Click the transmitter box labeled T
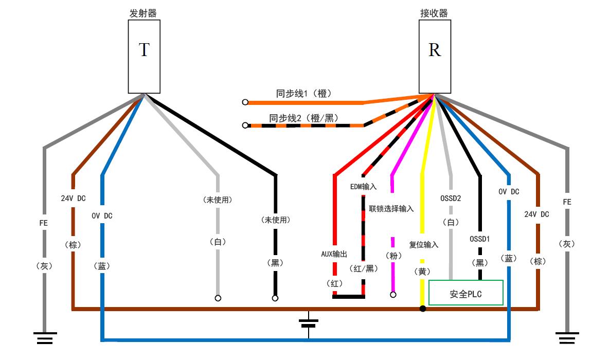click(144, 57)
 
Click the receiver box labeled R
click(435, 57)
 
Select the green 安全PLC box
click(465, 293)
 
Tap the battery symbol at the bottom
click(308, 323)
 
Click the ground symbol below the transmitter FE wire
click(45, 338)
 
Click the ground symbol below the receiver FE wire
click(567, 338)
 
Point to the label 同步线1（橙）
click(303, 94)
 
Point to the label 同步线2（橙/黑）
click(303, 118)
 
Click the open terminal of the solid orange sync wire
click(245, 102)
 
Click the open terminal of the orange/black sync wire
click(245, 125)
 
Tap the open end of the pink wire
click(393, 295)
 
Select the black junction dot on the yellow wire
click(423, 309)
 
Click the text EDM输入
click(364, 186)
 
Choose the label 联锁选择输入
click(391, 209)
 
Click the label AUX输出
click(334, 254)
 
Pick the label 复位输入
click(423, 245)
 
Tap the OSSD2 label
click(451, 197)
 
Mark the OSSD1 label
click(480, 239)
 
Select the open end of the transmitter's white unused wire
click(218, 298)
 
